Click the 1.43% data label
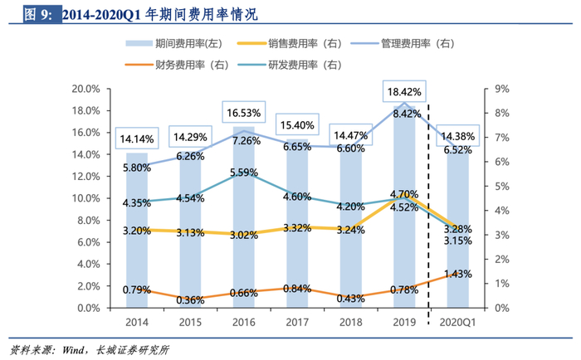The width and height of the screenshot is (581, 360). (x=457, y=274)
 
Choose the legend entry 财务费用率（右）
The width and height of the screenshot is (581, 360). (x=191, y=64)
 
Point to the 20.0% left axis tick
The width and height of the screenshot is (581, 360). (x=86, y=89)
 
